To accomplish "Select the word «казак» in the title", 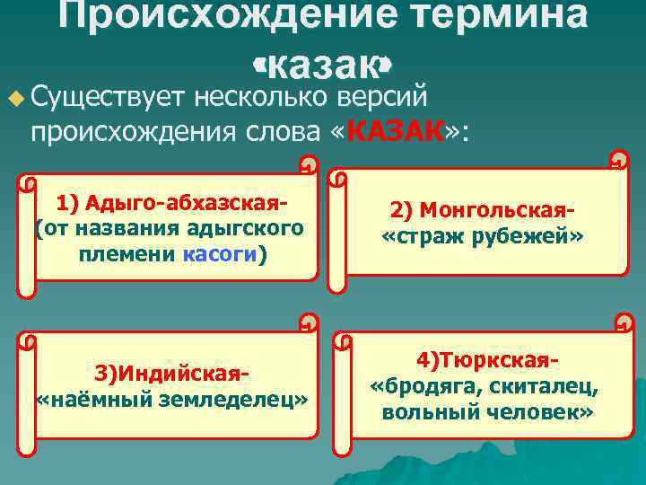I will pos(322,65).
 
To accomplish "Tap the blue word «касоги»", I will pos(219,254).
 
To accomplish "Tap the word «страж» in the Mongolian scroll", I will pos(428,237).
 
